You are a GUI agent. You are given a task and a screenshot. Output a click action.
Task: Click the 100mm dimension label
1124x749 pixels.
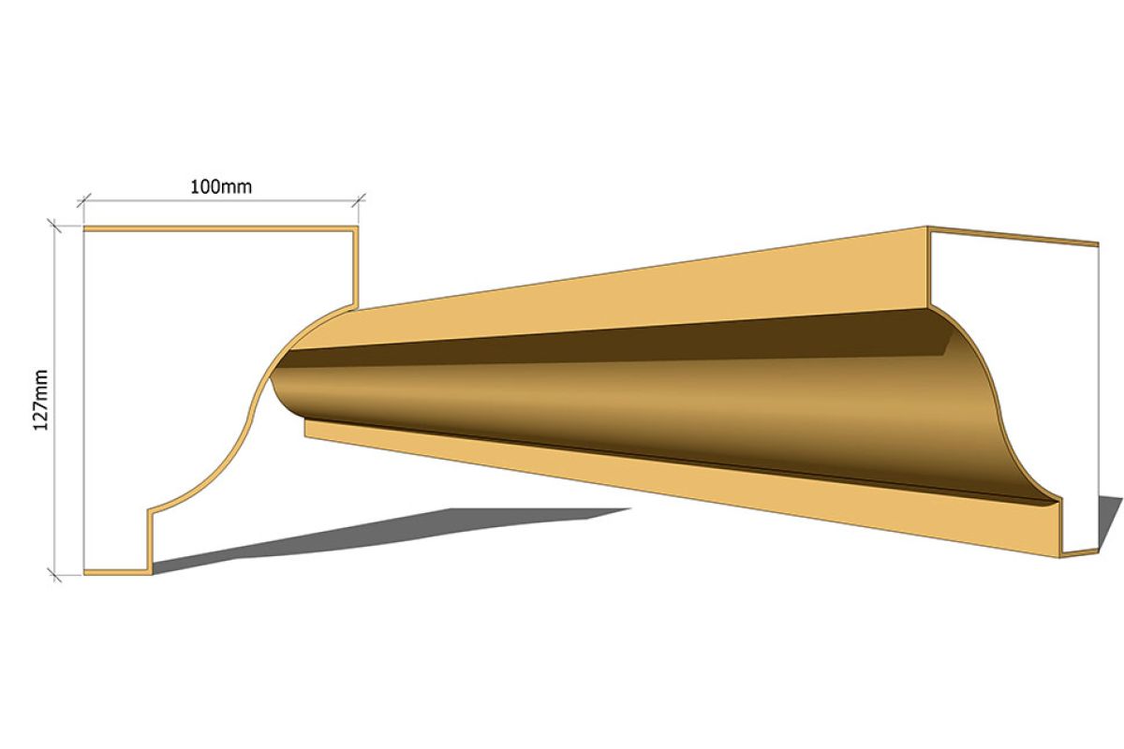tap(221, 187)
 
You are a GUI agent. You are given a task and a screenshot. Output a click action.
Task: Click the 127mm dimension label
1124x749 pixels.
tap(40, 400)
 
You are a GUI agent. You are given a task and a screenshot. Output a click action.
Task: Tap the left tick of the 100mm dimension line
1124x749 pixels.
tap(83, 200)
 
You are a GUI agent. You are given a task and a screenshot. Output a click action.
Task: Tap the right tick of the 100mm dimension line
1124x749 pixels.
tap(358, 200)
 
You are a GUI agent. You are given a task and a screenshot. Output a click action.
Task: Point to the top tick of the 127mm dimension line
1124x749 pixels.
tap(54, 226)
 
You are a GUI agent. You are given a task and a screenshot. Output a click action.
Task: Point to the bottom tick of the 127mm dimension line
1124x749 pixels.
tap(54, 575)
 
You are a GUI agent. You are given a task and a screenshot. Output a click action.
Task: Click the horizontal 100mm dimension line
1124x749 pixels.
tap(221, 200)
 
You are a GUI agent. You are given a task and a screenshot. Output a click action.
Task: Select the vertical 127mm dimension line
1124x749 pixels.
tap(54, 401)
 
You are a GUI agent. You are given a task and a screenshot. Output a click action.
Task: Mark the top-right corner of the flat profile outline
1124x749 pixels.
tap(357, 228)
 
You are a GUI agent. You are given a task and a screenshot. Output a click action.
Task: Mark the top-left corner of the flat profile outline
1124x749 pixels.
tap(84, 228)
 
